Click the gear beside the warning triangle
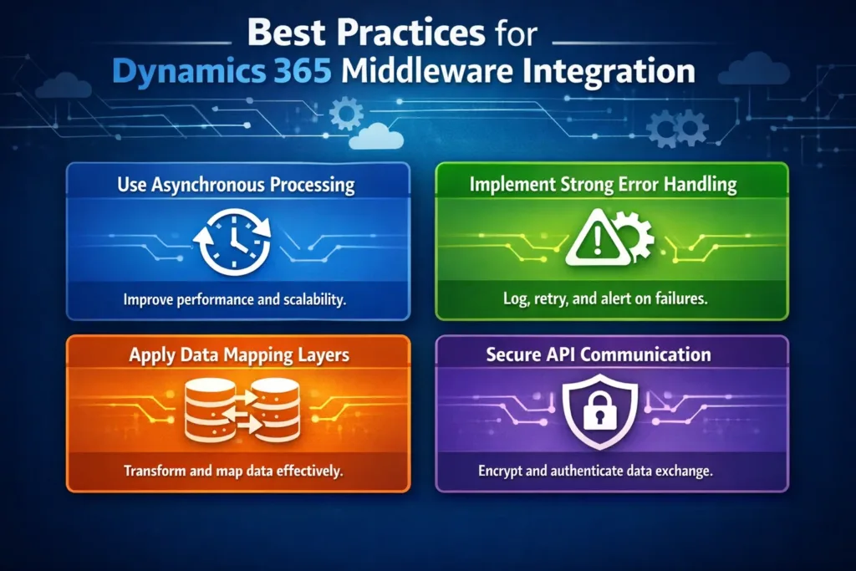coord(632,237)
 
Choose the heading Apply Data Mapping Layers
coord(239,354)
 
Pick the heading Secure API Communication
coord(599,354)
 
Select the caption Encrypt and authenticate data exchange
coord(595,471)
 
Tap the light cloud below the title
coord(375,135)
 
